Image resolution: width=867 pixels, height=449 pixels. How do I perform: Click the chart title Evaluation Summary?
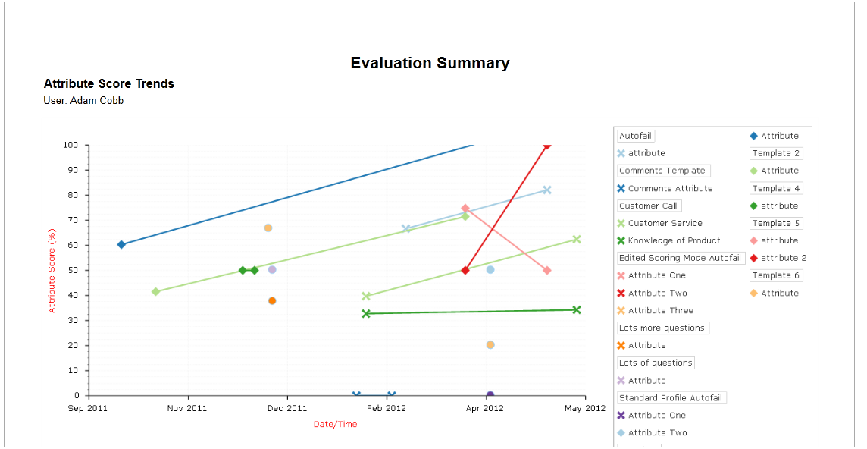click(430, 64)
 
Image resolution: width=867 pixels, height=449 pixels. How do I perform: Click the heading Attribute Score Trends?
click(109, 84)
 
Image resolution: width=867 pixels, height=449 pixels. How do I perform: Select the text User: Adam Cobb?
click(83, 101)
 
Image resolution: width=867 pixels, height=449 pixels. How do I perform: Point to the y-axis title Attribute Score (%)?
click(52, 270)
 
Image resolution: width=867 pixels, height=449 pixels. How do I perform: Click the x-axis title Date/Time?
click(335, 425)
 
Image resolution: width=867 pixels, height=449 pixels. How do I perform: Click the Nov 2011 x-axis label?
click(187, 408)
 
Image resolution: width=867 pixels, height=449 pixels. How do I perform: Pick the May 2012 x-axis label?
click(585, 408)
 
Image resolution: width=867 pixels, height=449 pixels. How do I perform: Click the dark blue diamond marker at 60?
click(121, 244)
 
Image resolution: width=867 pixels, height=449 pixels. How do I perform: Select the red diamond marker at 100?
click(546, 145)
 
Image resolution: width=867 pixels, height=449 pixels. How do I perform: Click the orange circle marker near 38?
click(272, 301)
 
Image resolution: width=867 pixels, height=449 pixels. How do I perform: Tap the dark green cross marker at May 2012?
click(577, 309)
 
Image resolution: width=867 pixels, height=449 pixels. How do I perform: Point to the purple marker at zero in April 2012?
click(490, 395)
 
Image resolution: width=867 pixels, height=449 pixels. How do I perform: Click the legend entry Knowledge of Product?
click(674, 240)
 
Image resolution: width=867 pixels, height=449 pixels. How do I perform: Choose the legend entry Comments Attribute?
click(670, 188)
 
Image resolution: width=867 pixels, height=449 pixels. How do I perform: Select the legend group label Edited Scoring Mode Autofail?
click(680, 258)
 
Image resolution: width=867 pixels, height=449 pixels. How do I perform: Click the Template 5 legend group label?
click(776, 223)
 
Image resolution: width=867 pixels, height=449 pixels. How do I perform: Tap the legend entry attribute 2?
click(784, 258)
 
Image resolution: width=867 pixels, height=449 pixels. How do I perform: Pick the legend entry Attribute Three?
click(660, 310)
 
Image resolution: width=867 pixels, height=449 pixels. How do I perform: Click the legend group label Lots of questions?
click(656, 363)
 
